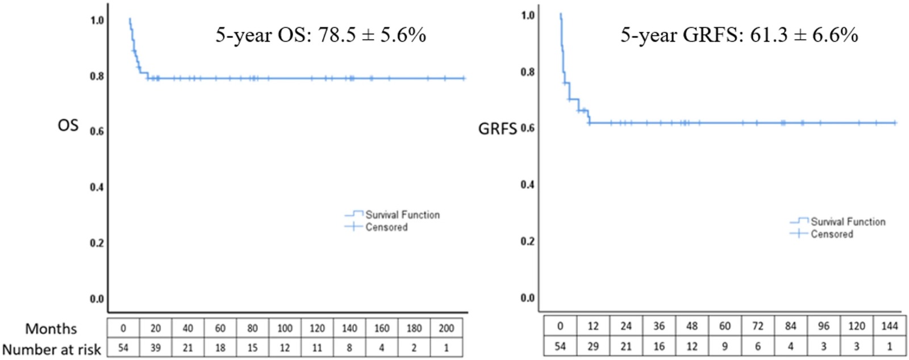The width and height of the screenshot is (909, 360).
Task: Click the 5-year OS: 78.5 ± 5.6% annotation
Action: [x=320, y=35]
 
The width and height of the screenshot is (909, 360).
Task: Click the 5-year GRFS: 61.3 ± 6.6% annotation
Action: [x=739, y=35]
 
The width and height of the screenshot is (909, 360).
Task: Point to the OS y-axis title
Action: [x=68, y=125]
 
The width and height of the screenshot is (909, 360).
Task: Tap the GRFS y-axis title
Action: [x=498, y=128]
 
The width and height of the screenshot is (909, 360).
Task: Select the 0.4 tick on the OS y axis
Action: [x=97, y=187]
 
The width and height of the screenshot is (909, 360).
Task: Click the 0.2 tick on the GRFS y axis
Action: [x=528, y=241]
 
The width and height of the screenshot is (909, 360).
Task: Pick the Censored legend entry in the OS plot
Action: [x=376, y=227]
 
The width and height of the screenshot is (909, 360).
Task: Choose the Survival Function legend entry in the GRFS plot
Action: [x=837, y=221]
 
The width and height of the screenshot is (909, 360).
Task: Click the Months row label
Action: [x=51, y=329]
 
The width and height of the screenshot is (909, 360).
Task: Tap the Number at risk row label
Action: [x=52, y=349]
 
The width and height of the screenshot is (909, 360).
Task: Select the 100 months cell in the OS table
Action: [x=285, y=328]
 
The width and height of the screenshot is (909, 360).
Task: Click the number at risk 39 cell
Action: [x=156, y=348]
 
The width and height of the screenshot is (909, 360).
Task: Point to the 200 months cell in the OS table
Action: [x=447, y=328]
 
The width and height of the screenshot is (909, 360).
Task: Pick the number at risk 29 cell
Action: [x=593, y=346]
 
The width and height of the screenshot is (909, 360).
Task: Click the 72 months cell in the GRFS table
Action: [x=758, y=326]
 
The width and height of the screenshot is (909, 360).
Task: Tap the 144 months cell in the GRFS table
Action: [x=890, y=326]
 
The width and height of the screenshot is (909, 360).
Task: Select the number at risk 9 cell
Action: [x=725, y=346]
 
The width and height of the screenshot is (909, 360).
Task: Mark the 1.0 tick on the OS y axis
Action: [x=97, y=20]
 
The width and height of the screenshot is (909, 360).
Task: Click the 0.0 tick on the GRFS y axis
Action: [x=528, y=298]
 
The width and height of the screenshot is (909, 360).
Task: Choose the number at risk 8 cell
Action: [x=349, y=348]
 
